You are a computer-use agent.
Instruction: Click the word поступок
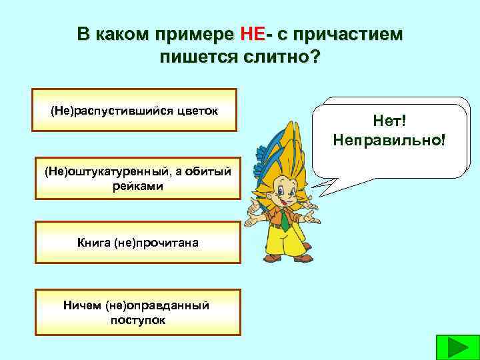click(x=137, y=319)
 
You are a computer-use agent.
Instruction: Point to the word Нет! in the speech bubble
click(x=389, y=122)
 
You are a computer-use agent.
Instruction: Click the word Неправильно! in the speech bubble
click(x=389, y=141)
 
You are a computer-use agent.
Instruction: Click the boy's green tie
click(x=283, y=217)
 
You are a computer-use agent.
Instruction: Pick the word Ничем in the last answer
click(x=83, y=305)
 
